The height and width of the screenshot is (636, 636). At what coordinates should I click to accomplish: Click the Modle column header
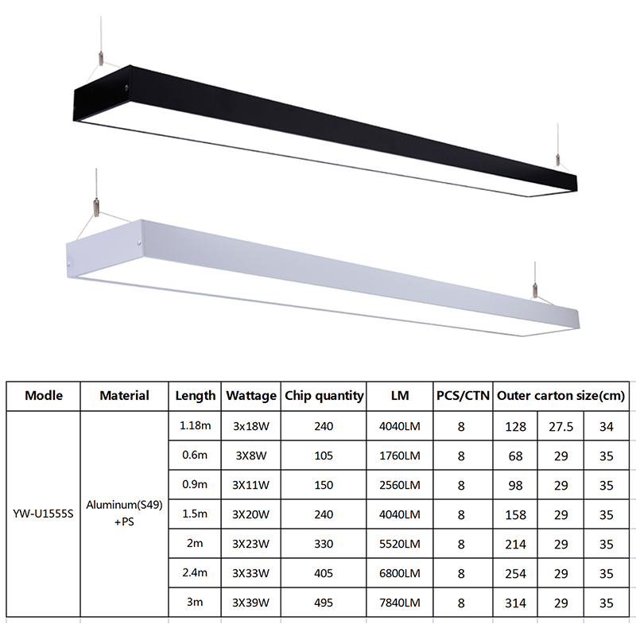[44, 395]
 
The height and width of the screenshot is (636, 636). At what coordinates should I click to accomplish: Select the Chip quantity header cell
[324, 396]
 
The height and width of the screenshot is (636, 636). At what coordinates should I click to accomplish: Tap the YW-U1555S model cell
[44, 514]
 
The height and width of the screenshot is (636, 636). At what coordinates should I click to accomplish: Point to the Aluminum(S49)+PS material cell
[124, 513]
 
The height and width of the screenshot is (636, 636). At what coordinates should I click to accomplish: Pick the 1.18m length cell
[195, 425]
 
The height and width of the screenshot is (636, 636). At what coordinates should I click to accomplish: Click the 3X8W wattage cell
[251, 456]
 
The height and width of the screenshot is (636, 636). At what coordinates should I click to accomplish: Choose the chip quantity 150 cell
[324, 485]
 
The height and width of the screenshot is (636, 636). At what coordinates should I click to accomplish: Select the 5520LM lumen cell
[400, 544]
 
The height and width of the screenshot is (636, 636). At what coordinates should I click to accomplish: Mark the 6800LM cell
[400, 573]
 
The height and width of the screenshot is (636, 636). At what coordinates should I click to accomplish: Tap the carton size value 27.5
[561, 427]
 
